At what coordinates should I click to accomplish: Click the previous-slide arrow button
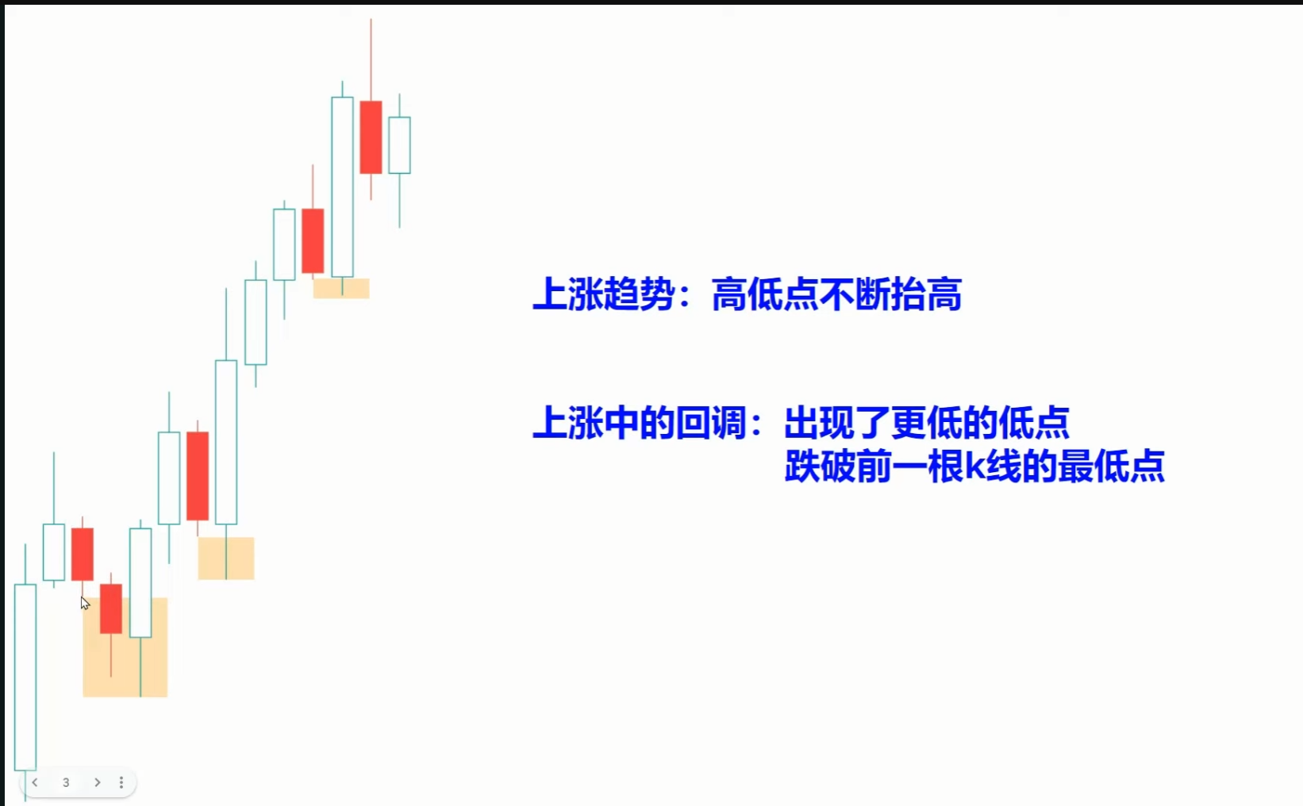click(35, 782)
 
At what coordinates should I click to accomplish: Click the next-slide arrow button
click(97, 782)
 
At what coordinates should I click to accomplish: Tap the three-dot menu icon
click(121, 782)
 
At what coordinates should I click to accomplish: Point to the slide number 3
click(66, 783)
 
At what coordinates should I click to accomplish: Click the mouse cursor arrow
click(85, 603)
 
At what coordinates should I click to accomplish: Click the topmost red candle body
click(371, 137)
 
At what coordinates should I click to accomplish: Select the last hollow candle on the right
click(399, 145)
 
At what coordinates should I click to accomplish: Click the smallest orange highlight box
click(341, 289)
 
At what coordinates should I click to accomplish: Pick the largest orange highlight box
click(125, 647)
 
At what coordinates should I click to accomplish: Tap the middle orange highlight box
click(225, 558)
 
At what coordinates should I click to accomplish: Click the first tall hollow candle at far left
click(25, 677)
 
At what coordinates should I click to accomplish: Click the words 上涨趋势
click(604, 294)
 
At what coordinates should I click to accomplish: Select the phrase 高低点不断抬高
click(836, 294)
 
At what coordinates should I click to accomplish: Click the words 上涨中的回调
click(640, 422)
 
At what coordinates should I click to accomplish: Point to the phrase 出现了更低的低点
click(927, 422)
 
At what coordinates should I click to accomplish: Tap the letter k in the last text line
click(974, 466)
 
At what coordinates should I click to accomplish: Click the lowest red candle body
click(110, 608)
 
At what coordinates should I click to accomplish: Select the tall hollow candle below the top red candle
click(342, 186)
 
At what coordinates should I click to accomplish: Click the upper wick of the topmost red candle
click(371, 60)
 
